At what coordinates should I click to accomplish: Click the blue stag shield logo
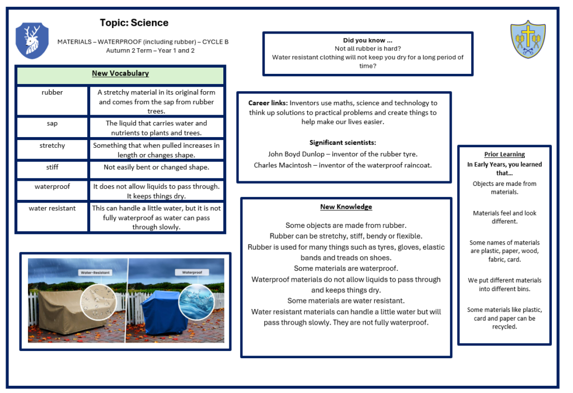(x=32, y=40)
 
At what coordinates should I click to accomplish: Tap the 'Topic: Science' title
(x=134, y=23)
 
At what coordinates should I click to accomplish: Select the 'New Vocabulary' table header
(x=120, y=74)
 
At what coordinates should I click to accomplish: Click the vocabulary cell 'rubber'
(x=52, y=93)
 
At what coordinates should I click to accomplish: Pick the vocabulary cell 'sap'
(x=52, y=123)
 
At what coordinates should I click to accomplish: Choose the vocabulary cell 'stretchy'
(x=52, y=146)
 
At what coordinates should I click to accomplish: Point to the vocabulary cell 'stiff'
(x=52, y=167)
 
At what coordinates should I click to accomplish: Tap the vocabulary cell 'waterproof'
(x=52, y=186)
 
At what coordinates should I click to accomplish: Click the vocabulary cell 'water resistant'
(x=52, y=208)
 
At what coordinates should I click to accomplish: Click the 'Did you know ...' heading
(x=368, y=40)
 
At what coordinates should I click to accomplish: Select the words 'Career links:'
(x=268, y=103)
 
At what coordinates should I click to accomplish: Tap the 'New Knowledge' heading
(x=346, y=207)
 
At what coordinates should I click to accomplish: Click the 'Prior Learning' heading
(x=504, y=155)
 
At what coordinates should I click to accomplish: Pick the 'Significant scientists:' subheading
(x=342, y=143)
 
